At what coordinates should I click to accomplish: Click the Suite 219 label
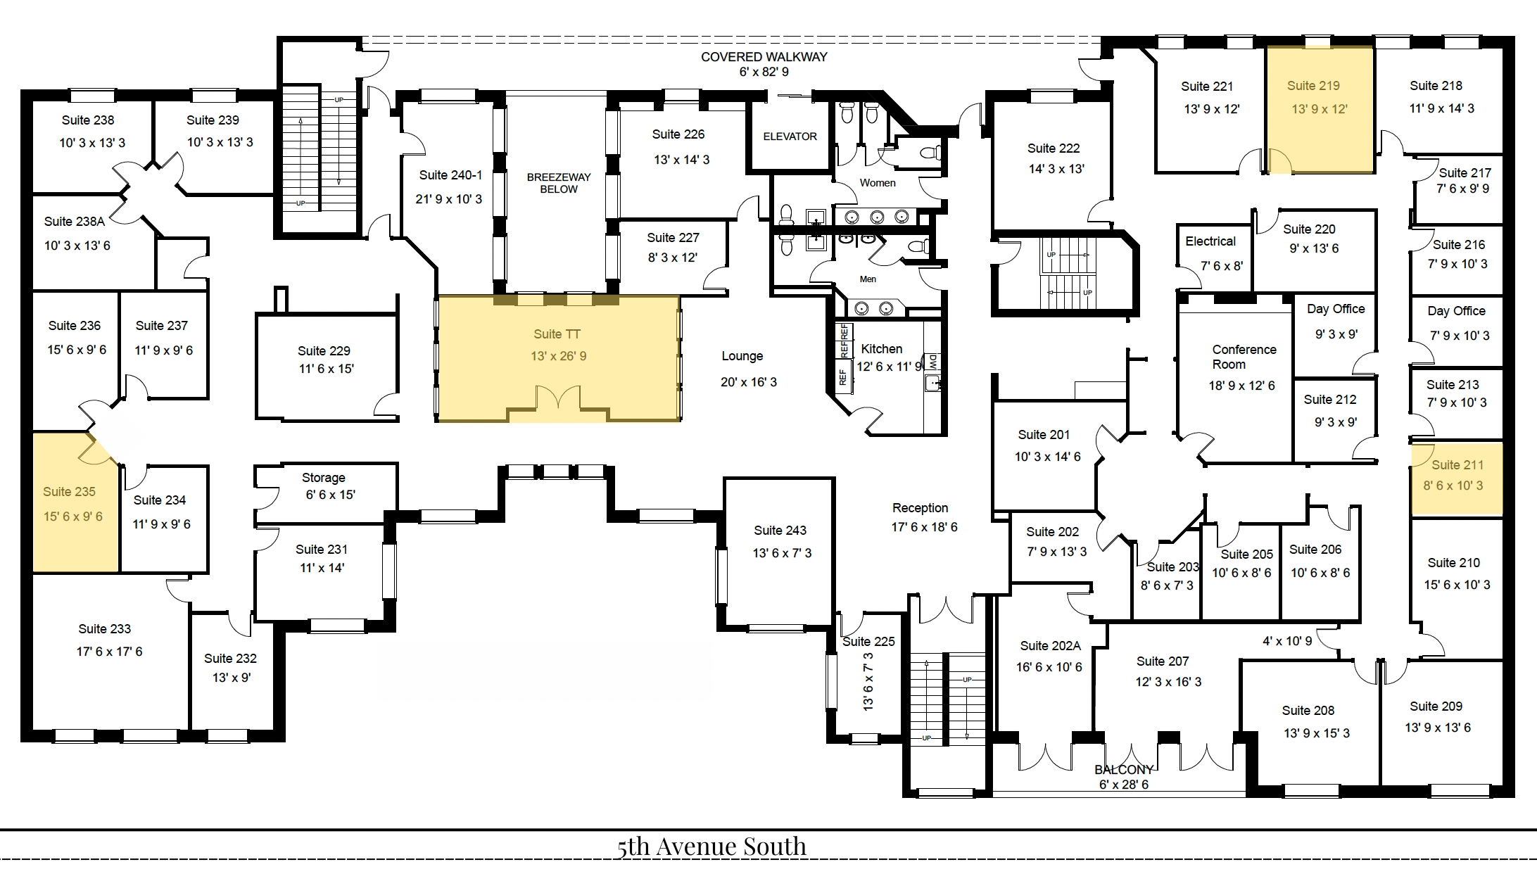[1313, 86]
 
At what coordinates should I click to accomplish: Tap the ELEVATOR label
[790, 137]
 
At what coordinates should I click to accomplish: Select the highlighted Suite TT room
[558, 358]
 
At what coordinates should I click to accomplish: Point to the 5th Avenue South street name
[711, 847]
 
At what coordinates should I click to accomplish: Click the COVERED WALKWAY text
[764, 57]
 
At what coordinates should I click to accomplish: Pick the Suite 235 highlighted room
[75, 502]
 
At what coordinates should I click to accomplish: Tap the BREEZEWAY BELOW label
[559, 183]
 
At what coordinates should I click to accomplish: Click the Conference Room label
[1244, 357]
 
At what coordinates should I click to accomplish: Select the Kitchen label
[881, 349]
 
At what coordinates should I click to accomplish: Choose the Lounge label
[742, 356]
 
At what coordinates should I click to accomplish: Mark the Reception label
[920, 508]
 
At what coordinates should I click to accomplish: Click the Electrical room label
[1210, 241]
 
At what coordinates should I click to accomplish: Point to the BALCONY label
[1123, 770]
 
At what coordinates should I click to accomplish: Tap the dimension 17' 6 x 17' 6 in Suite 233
[109, 652]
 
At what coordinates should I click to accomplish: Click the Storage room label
[324, 478]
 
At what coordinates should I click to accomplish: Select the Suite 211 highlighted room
[1457, 480]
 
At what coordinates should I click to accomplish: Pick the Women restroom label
[878, 183]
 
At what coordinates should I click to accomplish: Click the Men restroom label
[868, 279]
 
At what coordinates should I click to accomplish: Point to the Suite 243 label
[780, 531]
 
